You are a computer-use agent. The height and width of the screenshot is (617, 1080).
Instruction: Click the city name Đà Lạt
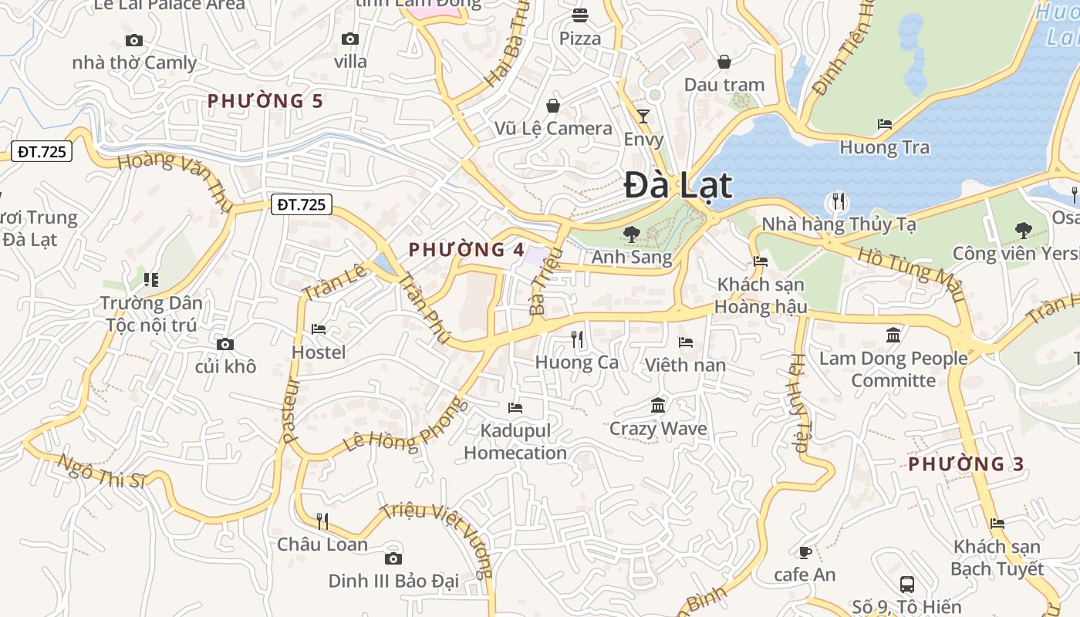[x=677, y=186]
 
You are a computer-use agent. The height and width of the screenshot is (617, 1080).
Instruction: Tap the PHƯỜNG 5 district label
[x=265, y=101]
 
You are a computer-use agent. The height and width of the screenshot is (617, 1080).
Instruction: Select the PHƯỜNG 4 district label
[x=466, y=250]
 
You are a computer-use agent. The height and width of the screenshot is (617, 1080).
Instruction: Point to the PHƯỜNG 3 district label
[x=966, y=464]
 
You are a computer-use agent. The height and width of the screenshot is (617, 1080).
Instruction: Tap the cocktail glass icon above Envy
[x=643, y=116]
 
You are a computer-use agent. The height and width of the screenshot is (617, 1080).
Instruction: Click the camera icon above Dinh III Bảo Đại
[x=393, y=558]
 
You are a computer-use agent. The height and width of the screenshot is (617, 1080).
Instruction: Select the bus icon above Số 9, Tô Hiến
[x=907, y=584]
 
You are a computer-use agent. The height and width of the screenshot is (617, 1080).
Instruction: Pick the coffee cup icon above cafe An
[x=805, y=552]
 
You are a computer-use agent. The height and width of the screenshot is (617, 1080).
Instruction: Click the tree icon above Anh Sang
[x=632, y=233]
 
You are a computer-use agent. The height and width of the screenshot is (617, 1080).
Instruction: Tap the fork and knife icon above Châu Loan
[x=322, y=521]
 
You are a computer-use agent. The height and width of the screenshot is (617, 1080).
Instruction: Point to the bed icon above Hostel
[x=319, y=329]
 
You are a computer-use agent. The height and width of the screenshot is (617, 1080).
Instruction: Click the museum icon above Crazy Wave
[x=658, y=406]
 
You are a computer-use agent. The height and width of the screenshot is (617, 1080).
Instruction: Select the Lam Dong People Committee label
[x=893, y=369]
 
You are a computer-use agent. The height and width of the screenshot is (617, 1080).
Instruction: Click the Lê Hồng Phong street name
[x=406, y=428]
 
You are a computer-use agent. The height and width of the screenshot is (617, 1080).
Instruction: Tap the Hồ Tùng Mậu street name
[x=911, y=275]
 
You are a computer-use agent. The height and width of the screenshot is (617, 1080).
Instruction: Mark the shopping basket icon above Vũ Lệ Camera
[x=553, y=106]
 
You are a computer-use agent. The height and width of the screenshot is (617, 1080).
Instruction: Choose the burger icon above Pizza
[x=580, y=15]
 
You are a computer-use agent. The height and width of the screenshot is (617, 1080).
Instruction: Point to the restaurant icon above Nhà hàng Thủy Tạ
[x=838, y=202]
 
